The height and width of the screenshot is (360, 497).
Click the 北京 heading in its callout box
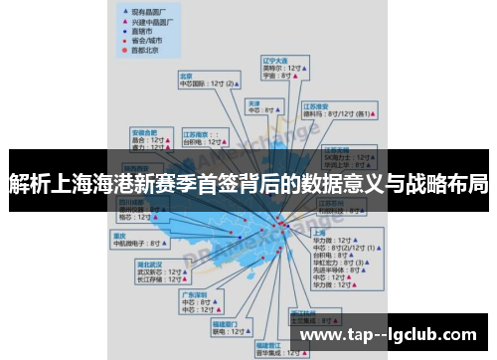click(x=186, y=75)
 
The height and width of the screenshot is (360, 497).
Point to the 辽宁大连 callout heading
click(x=274, y=60)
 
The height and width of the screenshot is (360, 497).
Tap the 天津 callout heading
click(x=254, y=102)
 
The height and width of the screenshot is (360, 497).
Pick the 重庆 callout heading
click(x=120, y=235)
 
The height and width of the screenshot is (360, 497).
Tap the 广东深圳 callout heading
click(x=193, y=294)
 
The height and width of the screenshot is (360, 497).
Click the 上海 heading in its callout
click(x=292, y=231)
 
